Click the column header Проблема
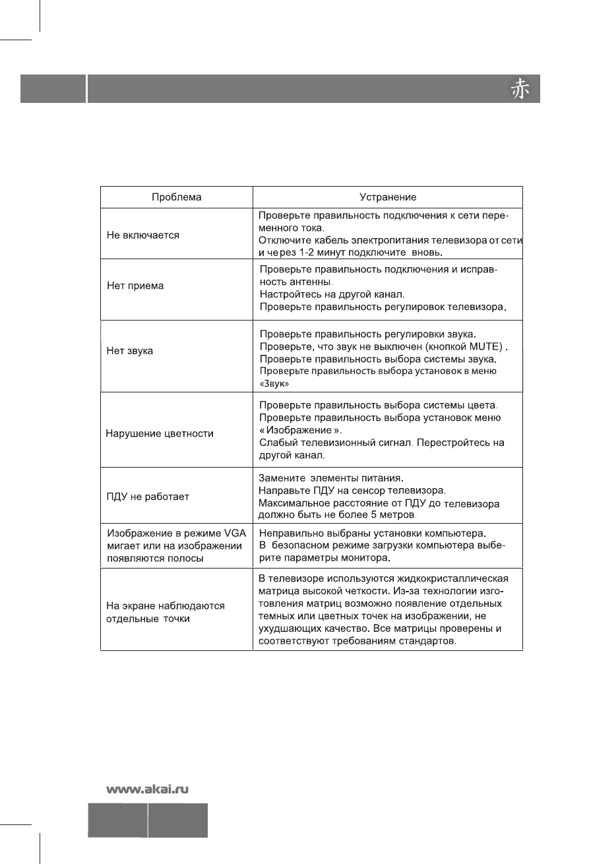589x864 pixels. [177, 197]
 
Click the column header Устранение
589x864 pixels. [388, 197]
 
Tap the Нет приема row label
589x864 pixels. [135, 286]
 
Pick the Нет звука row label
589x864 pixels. [130, 351]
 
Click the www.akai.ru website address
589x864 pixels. [149, 788]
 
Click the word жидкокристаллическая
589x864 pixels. [455, 578]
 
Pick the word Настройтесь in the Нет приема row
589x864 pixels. [289, 294]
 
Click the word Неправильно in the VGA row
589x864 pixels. [288, 532]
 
